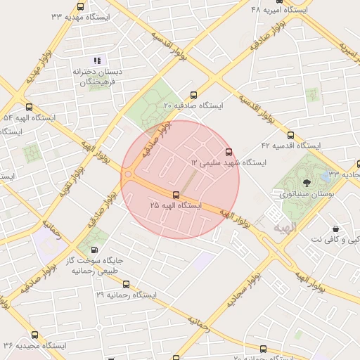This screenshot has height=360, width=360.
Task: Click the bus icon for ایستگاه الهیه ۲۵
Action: [176, 195]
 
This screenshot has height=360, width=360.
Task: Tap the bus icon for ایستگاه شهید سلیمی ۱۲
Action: [228, 152]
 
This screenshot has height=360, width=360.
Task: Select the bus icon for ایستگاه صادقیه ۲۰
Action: [193, 95]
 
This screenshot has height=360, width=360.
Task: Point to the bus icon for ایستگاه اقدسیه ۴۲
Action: [291, 135]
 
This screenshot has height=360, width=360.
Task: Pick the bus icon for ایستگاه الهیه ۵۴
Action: [29, 107]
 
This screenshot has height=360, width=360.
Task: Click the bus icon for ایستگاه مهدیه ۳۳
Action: [80, 6]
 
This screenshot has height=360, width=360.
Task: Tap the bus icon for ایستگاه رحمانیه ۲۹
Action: [126, 284]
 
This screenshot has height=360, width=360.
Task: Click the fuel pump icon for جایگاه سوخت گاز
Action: [94, 250]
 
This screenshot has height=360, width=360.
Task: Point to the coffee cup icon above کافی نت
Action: [335, 229]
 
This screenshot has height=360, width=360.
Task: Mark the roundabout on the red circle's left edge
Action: [129, 175]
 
